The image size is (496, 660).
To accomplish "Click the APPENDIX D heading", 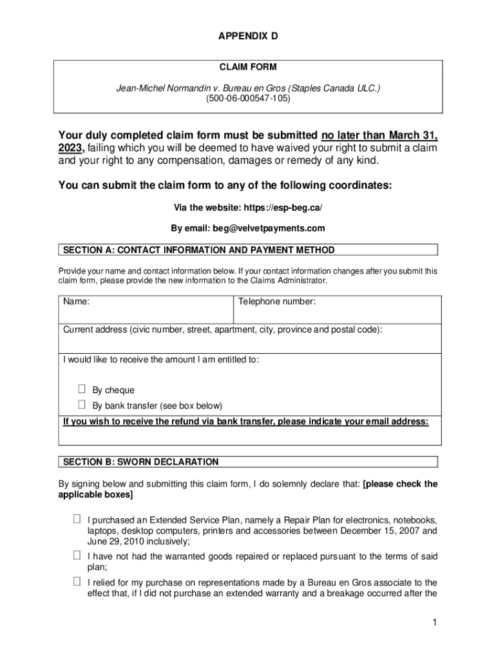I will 248,37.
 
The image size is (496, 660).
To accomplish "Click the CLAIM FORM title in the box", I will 248,67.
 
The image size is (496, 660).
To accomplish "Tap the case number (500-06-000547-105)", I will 248,99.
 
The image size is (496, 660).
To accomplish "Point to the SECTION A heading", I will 197,250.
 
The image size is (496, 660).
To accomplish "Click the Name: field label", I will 76,302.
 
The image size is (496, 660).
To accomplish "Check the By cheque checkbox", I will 82,389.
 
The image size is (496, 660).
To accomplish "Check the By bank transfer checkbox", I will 82,405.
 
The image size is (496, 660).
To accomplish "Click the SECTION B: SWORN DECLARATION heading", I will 139,462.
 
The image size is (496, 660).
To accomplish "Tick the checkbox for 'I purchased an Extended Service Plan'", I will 77,519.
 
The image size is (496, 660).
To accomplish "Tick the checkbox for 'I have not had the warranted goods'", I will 77,555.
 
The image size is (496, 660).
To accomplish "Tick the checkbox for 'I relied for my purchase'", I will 77,581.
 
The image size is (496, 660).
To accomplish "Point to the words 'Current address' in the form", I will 95,330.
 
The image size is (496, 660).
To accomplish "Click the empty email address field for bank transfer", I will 248,436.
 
